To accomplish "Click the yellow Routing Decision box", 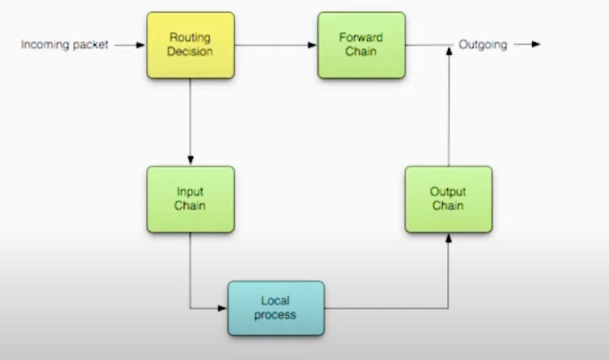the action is tap(191, 45).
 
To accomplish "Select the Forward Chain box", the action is tap(361, 45).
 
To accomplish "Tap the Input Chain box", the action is tap(191, 199).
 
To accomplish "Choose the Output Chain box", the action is tap(448, 199).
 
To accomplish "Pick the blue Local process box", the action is tap(276, 308).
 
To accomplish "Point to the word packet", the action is tap(91, 45).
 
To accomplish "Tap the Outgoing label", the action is tap(483, 45).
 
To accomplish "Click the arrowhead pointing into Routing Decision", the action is tap(140, 45).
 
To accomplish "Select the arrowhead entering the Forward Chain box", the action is tap(312, 45).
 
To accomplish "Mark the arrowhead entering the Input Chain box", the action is tap(190, 160).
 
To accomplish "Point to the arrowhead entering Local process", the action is tap(222, 308).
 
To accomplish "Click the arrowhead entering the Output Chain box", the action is tap(448, 238).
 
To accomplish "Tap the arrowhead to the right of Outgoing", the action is tap(536, 44).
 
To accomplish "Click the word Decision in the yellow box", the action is tap(190, 52).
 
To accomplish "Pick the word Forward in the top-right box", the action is tap(361, 37).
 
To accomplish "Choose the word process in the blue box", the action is tap(275, 315).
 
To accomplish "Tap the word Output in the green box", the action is tap(448, 191).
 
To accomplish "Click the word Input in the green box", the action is tap(190, 191).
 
